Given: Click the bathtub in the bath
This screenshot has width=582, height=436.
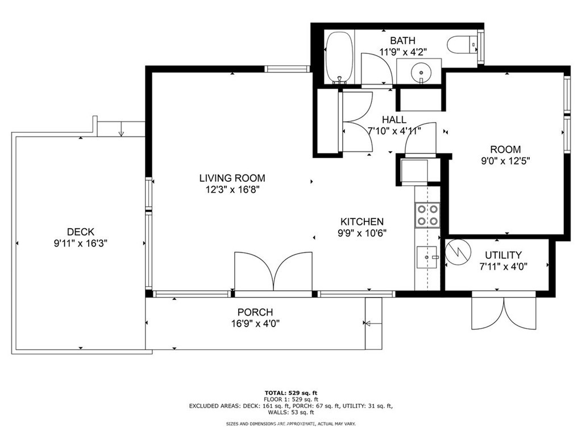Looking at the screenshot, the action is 339,57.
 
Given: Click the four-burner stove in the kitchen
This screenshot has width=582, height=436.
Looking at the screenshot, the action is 427,215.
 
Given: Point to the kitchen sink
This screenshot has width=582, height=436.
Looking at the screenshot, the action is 428,257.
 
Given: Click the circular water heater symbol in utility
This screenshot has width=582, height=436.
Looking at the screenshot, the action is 458,253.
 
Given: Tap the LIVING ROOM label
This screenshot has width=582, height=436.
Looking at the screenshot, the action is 232,178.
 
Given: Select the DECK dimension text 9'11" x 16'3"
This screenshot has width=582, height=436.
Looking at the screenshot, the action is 81,244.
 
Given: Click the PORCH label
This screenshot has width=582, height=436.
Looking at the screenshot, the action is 255,312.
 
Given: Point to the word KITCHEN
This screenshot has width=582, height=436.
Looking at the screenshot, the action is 362,222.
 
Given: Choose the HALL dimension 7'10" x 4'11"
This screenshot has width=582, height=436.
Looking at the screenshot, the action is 394,131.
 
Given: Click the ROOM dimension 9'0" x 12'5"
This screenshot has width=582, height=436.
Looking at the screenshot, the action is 505,161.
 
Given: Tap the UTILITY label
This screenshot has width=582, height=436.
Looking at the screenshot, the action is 504,255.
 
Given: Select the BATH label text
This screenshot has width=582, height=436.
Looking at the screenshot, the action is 403,40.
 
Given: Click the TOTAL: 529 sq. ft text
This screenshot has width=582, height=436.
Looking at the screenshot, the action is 291,393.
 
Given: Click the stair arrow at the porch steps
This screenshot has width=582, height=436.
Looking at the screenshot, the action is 373,324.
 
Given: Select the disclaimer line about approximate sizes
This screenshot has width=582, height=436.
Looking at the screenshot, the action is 291,424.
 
